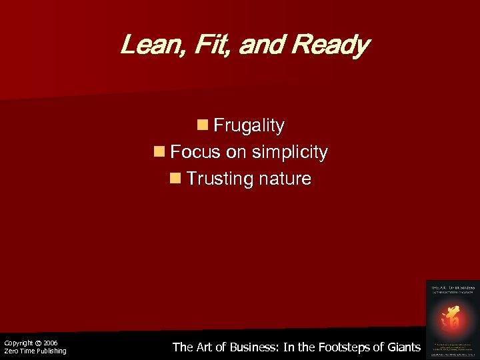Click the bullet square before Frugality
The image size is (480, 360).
(x=202, y=125)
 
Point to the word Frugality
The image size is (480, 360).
(x=249, y=125)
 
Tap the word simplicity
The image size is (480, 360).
(x=289, y=153)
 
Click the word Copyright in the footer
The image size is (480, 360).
(x=19, y=343)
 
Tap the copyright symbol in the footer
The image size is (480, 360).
(x=39, y=343)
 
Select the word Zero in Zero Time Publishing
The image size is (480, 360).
(x=11, y=351)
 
